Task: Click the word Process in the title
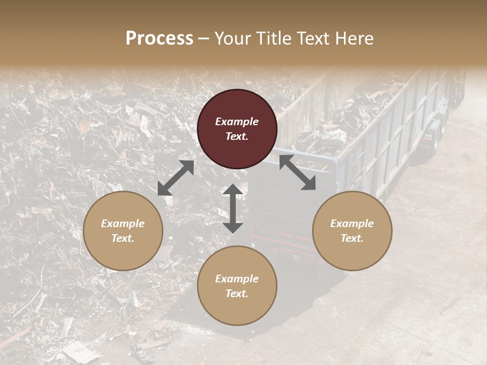[x=159, y=39]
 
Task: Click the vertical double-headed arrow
[x=233, y=208]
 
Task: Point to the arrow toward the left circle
[x=176, y=178]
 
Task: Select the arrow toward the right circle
[x=297, y=172]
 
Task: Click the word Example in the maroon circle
[x=237, y=122]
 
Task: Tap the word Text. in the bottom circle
[x=237, y=294]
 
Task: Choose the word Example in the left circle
[x=123, y=224]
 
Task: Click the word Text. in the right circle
[x=352, y=238]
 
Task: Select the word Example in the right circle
[x=352, y=224]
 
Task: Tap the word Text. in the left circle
[x=123, y=238]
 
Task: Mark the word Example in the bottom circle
[x=237, y=279]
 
